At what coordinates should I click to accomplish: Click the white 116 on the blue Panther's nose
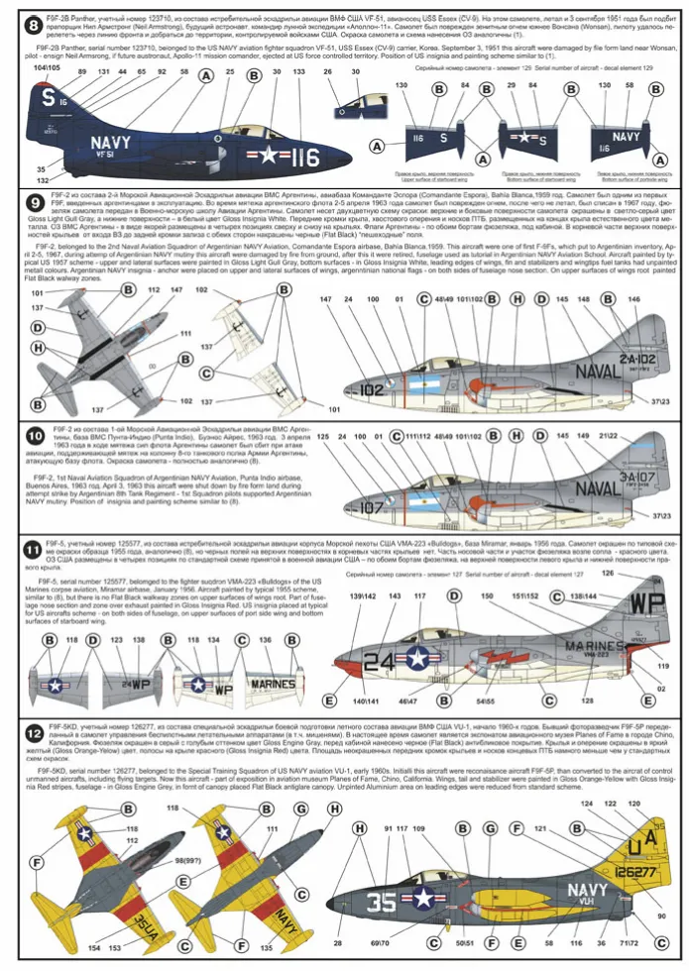304,158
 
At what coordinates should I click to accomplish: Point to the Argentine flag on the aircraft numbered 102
436,379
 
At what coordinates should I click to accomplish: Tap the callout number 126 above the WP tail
608,574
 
